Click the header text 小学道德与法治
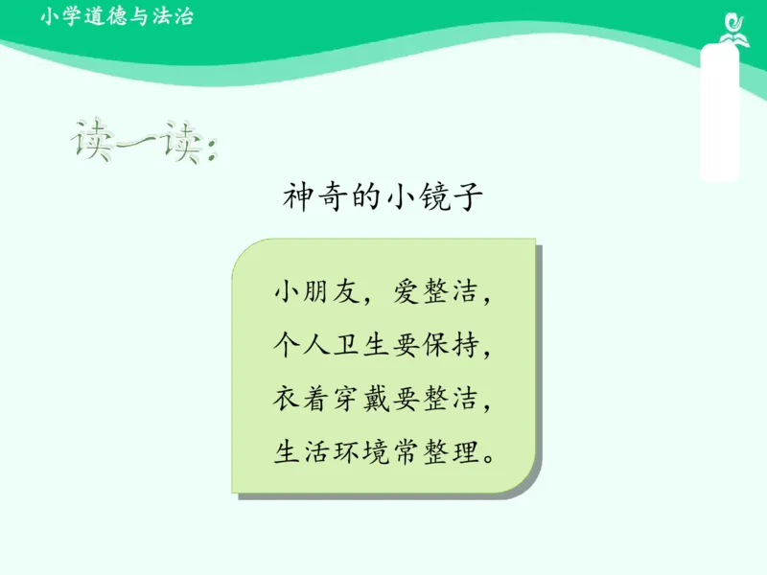pyautogui.click(x=118, y=16)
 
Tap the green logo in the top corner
pyautogui.click(x=731, y=27)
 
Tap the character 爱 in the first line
pyautogui.click(x=404, y=291)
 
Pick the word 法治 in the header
pyautogui.click(x=175, y=16)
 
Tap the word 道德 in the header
pyautogui.click(x=99, y=16)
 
